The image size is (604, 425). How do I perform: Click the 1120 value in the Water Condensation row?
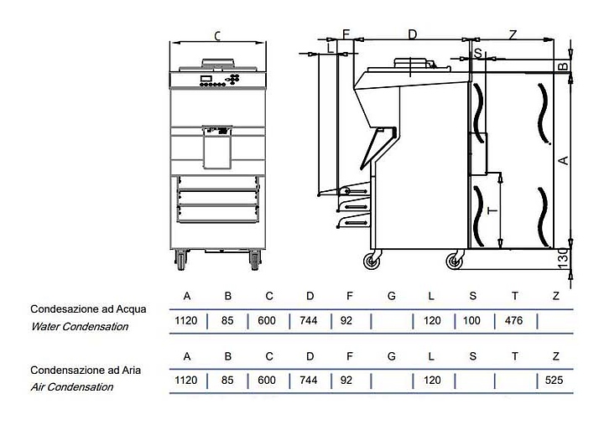click(186, 321)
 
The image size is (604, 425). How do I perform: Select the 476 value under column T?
click(514, 321)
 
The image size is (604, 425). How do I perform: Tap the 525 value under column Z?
click(554, 381)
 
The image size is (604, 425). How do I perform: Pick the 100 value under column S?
click(471, 321)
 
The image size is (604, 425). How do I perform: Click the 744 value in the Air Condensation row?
click(309, 381)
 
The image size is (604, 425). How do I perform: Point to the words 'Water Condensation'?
click(80, 327)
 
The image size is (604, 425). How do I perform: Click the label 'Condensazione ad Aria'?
click(86, 371)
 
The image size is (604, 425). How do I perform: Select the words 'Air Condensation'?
click(72, 387)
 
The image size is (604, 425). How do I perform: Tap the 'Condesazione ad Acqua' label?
click(88, 309)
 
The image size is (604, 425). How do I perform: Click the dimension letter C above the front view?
click(217, 36)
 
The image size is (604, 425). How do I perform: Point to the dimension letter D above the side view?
click(413, 34)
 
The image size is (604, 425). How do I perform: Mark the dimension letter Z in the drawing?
click(513, 35)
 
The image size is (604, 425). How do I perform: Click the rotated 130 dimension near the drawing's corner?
click(563, 258)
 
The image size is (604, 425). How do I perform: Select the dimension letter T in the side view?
click(492, 210)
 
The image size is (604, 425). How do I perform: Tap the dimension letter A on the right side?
click(564, 160)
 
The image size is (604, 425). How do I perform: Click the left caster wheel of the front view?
click(181, 260)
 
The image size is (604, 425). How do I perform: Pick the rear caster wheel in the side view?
click(455, 262)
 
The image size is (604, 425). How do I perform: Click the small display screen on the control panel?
click(206, 78)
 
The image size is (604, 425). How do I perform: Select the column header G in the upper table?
click(392, 296)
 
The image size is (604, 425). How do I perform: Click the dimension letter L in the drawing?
click(331, 49)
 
